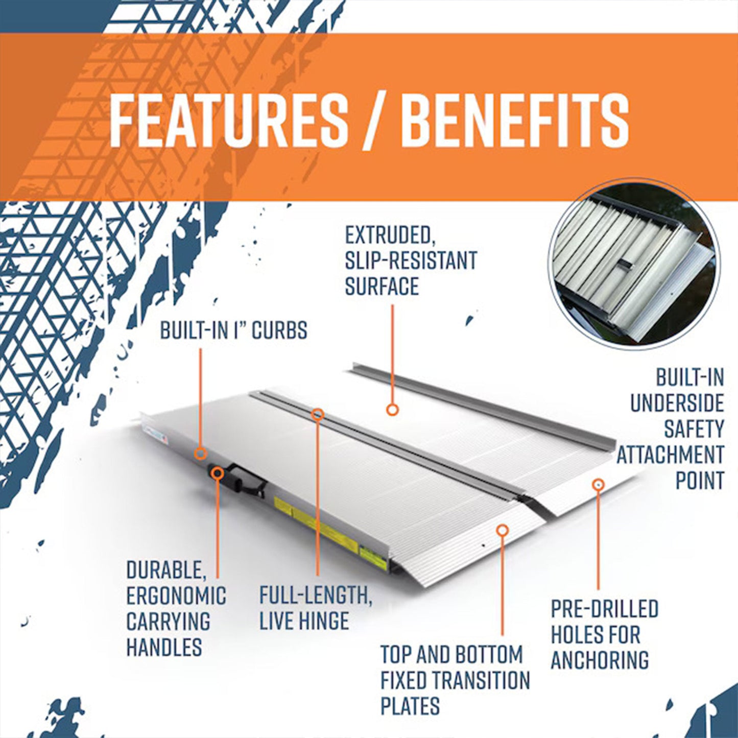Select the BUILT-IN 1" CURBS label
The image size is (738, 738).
[x=233, y=330]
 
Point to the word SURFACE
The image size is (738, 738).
[x=382, y=286]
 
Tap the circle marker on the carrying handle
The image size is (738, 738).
[x=218, y=472]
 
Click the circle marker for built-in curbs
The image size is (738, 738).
[x=201, y=453]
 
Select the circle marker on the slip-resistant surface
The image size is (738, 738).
[x=392, y=409]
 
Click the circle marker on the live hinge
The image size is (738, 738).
[x=318, y=414]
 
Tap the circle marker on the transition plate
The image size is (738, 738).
[x=502, y=530]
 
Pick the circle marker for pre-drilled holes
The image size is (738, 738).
[x=598, y=483]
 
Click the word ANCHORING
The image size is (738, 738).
[x=600, y=660]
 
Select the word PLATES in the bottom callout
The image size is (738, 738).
[x=410, y=706]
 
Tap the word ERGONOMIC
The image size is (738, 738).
[x=176, y=596]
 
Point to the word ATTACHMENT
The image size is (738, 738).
[x=670, y=455]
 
